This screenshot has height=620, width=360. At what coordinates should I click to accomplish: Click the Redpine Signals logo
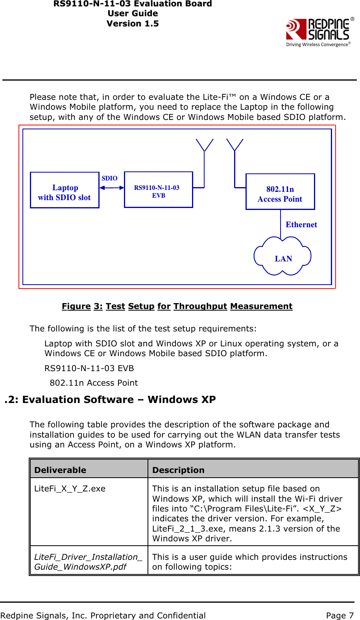click(x=319, y=31)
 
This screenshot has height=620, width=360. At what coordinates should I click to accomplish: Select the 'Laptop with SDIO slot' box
click(x=65, y=190)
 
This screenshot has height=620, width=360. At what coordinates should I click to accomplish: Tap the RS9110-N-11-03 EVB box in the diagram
click(x=158, y=190)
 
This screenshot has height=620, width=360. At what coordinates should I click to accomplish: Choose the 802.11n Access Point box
click(x=280, y=192)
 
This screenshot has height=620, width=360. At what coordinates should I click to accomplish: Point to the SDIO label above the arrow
click(x=109, y=178)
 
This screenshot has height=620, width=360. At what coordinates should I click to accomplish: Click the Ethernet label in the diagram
click(x=301, y=224)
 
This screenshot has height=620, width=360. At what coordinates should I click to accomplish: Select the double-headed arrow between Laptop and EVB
click(x=112, y=188)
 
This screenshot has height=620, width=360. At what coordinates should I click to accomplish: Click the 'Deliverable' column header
click(x=60, y=470)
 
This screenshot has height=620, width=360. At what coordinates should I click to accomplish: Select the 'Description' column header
click(x=178, y=470)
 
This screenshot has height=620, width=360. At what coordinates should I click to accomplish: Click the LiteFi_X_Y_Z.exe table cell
click(x=70, y=489)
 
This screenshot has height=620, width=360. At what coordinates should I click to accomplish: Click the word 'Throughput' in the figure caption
click(x=200, y=306)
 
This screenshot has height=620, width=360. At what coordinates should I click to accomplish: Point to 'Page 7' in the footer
click(x=340, y=615)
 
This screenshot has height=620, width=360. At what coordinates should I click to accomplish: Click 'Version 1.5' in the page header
click(x=133, y=24)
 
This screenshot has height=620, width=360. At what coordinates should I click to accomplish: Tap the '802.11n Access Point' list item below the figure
click(x=94, y=383)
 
